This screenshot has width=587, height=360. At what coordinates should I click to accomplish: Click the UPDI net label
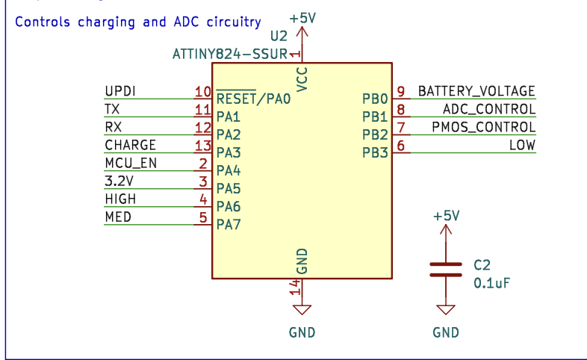119,91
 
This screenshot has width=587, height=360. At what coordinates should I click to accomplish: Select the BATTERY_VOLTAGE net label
476,91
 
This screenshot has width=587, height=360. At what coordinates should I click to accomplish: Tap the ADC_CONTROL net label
484,109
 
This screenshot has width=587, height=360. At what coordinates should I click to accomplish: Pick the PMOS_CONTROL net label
483,127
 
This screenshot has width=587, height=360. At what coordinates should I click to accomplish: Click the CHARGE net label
130,145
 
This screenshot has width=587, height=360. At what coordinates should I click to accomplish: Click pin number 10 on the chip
202,92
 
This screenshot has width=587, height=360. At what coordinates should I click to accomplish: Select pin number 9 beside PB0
401,92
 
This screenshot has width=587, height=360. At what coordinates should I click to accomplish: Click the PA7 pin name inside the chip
228,224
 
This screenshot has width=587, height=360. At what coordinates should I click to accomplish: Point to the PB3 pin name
375,152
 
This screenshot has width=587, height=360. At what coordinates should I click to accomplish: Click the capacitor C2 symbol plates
446,269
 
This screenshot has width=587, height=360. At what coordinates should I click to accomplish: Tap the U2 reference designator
279,36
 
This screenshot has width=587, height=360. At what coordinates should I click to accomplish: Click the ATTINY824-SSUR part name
229,54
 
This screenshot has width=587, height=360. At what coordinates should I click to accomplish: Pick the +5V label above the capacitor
446,216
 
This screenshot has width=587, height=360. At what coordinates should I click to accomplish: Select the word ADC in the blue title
184,22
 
